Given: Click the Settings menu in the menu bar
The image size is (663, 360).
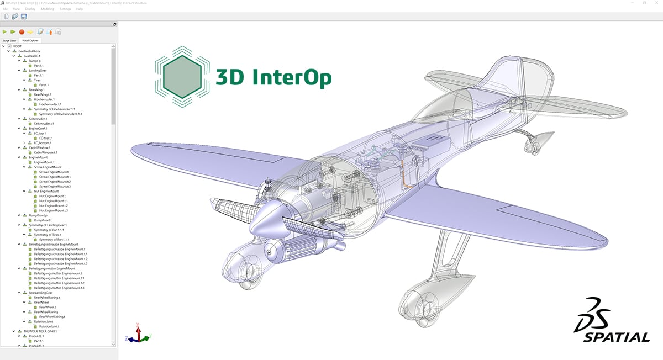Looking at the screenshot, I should [65, 9].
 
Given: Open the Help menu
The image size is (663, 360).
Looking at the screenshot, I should [80, 9].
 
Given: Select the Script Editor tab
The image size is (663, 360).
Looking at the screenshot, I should [10, 40].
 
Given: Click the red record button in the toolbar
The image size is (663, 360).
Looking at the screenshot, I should [22, 32].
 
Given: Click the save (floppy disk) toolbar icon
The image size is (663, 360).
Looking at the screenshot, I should [24, 17].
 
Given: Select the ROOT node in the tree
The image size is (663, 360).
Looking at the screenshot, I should [18, 46].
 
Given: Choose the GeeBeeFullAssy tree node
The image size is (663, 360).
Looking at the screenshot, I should [30, 51].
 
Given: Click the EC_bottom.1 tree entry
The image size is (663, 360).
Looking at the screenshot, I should [43, 142].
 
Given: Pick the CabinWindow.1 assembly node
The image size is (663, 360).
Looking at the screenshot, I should [39, 147].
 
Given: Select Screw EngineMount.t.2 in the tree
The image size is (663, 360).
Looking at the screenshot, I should [59, 182].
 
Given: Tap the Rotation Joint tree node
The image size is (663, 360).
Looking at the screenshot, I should [43, 321].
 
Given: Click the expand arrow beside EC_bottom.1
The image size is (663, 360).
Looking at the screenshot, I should [24, 142].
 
